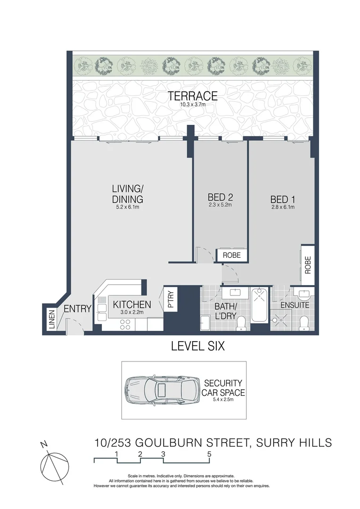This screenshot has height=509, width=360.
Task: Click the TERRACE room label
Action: click(x=193, y=96)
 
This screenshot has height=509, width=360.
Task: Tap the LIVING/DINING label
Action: click(x=127, y=194)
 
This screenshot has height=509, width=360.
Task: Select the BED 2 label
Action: click(x=221, y=197)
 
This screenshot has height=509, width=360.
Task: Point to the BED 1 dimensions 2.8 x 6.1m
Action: click(x=283, y=207)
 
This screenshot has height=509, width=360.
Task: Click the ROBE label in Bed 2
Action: click(x=232, y=255)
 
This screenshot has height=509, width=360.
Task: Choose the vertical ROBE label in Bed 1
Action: click(x=308, y=265)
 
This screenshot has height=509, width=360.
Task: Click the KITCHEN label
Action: click(x=132, y=304)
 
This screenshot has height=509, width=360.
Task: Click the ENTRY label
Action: click(x=77, y=309)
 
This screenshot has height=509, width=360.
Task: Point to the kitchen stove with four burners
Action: click(x=126, y=324)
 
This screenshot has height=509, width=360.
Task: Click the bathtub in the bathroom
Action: click(x=260, y=306)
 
